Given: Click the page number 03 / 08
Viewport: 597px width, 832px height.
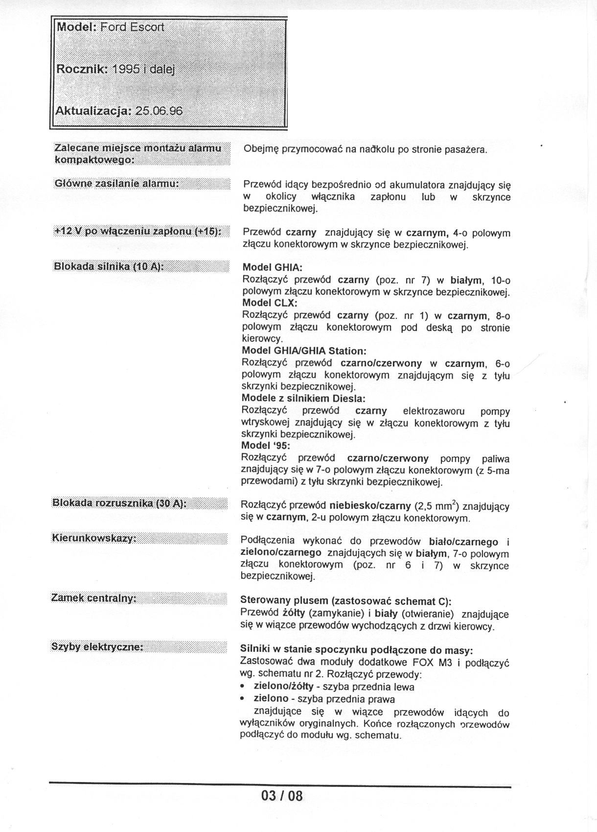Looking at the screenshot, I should [x=282, y=795].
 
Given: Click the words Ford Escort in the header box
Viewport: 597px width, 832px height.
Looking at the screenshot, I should [x=132, y=27].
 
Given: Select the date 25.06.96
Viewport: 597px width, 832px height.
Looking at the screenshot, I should [x=159, y=111].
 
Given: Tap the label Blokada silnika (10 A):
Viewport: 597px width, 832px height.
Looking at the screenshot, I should [x=108, y=267].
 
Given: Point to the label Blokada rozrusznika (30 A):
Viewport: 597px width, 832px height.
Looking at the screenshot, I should [x=119, y=503].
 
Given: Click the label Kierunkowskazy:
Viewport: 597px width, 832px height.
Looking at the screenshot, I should [x=93, y=538].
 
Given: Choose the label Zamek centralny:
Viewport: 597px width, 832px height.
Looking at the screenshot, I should [x=93, y=598].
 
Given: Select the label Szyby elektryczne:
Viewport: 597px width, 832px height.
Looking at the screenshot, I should [x=97, y=646].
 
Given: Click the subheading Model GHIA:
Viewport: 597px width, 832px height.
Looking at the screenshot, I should [x=273, y=268].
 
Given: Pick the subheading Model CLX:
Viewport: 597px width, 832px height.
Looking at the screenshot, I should [x=270, y=303].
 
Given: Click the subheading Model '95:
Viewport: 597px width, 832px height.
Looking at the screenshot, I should [x=266, y=446].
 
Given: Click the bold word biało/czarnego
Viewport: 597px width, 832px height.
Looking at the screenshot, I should [x=463, y=542].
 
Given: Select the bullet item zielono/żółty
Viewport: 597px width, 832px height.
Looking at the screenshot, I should [x=283, y=687].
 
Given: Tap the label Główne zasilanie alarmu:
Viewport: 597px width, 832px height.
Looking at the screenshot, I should [x=116, y=183].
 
